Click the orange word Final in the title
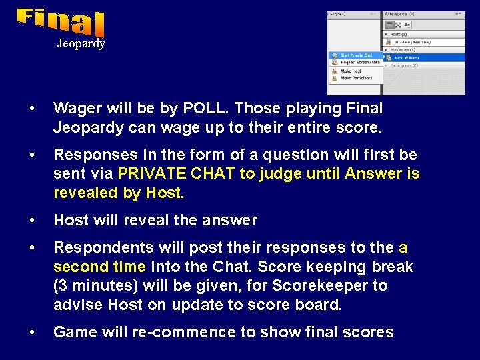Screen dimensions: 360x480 61,23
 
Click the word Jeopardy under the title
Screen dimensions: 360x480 81,43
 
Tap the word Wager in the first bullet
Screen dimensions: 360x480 75,108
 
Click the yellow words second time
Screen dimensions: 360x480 99,267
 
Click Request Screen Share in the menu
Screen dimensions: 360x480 360,62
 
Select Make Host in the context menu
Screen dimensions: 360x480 351,71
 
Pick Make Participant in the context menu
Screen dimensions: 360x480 356,78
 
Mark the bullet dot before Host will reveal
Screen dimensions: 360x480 31,220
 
